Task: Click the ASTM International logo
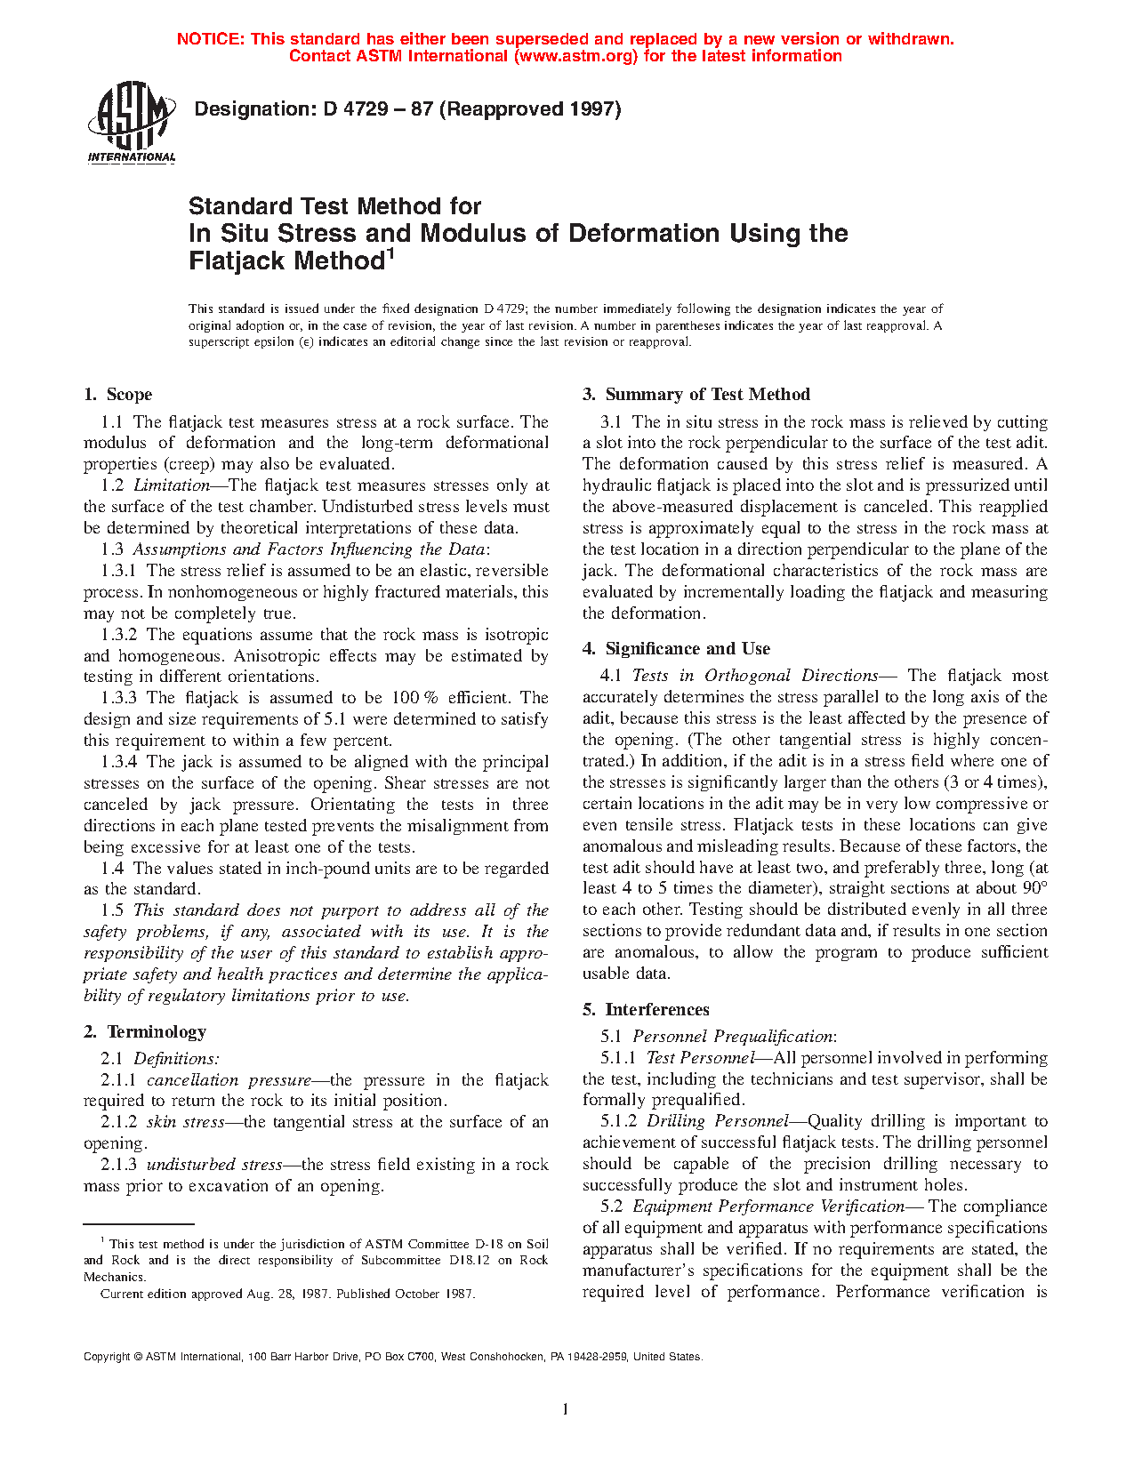pyautogui.click(x=131, y=123)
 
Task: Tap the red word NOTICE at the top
pyautogui.click(x=210, y=39)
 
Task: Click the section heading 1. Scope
pyautogui.click(x=118, y=395)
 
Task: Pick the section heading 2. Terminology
pyautogui.click(x=145, y=1032)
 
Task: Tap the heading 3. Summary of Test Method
pyautogui.click(x=696, y=395)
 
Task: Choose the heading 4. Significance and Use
pyautogui.click(x=676, y=649)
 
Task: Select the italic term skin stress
pyautogui.click(x=185, y=1122)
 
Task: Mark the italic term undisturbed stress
pyautogui.click(x=214, y=1165)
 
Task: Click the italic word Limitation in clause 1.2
pyautogui.click(x=172, y=485)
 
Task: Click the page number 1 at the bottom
pyautogui.click(x=566, y=1409)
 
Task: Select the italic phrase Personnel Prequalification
pyautogui.click(x=733, y=1037)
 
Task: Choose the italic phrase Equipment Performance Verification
pyautogui.click(x=768, y=1206)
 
